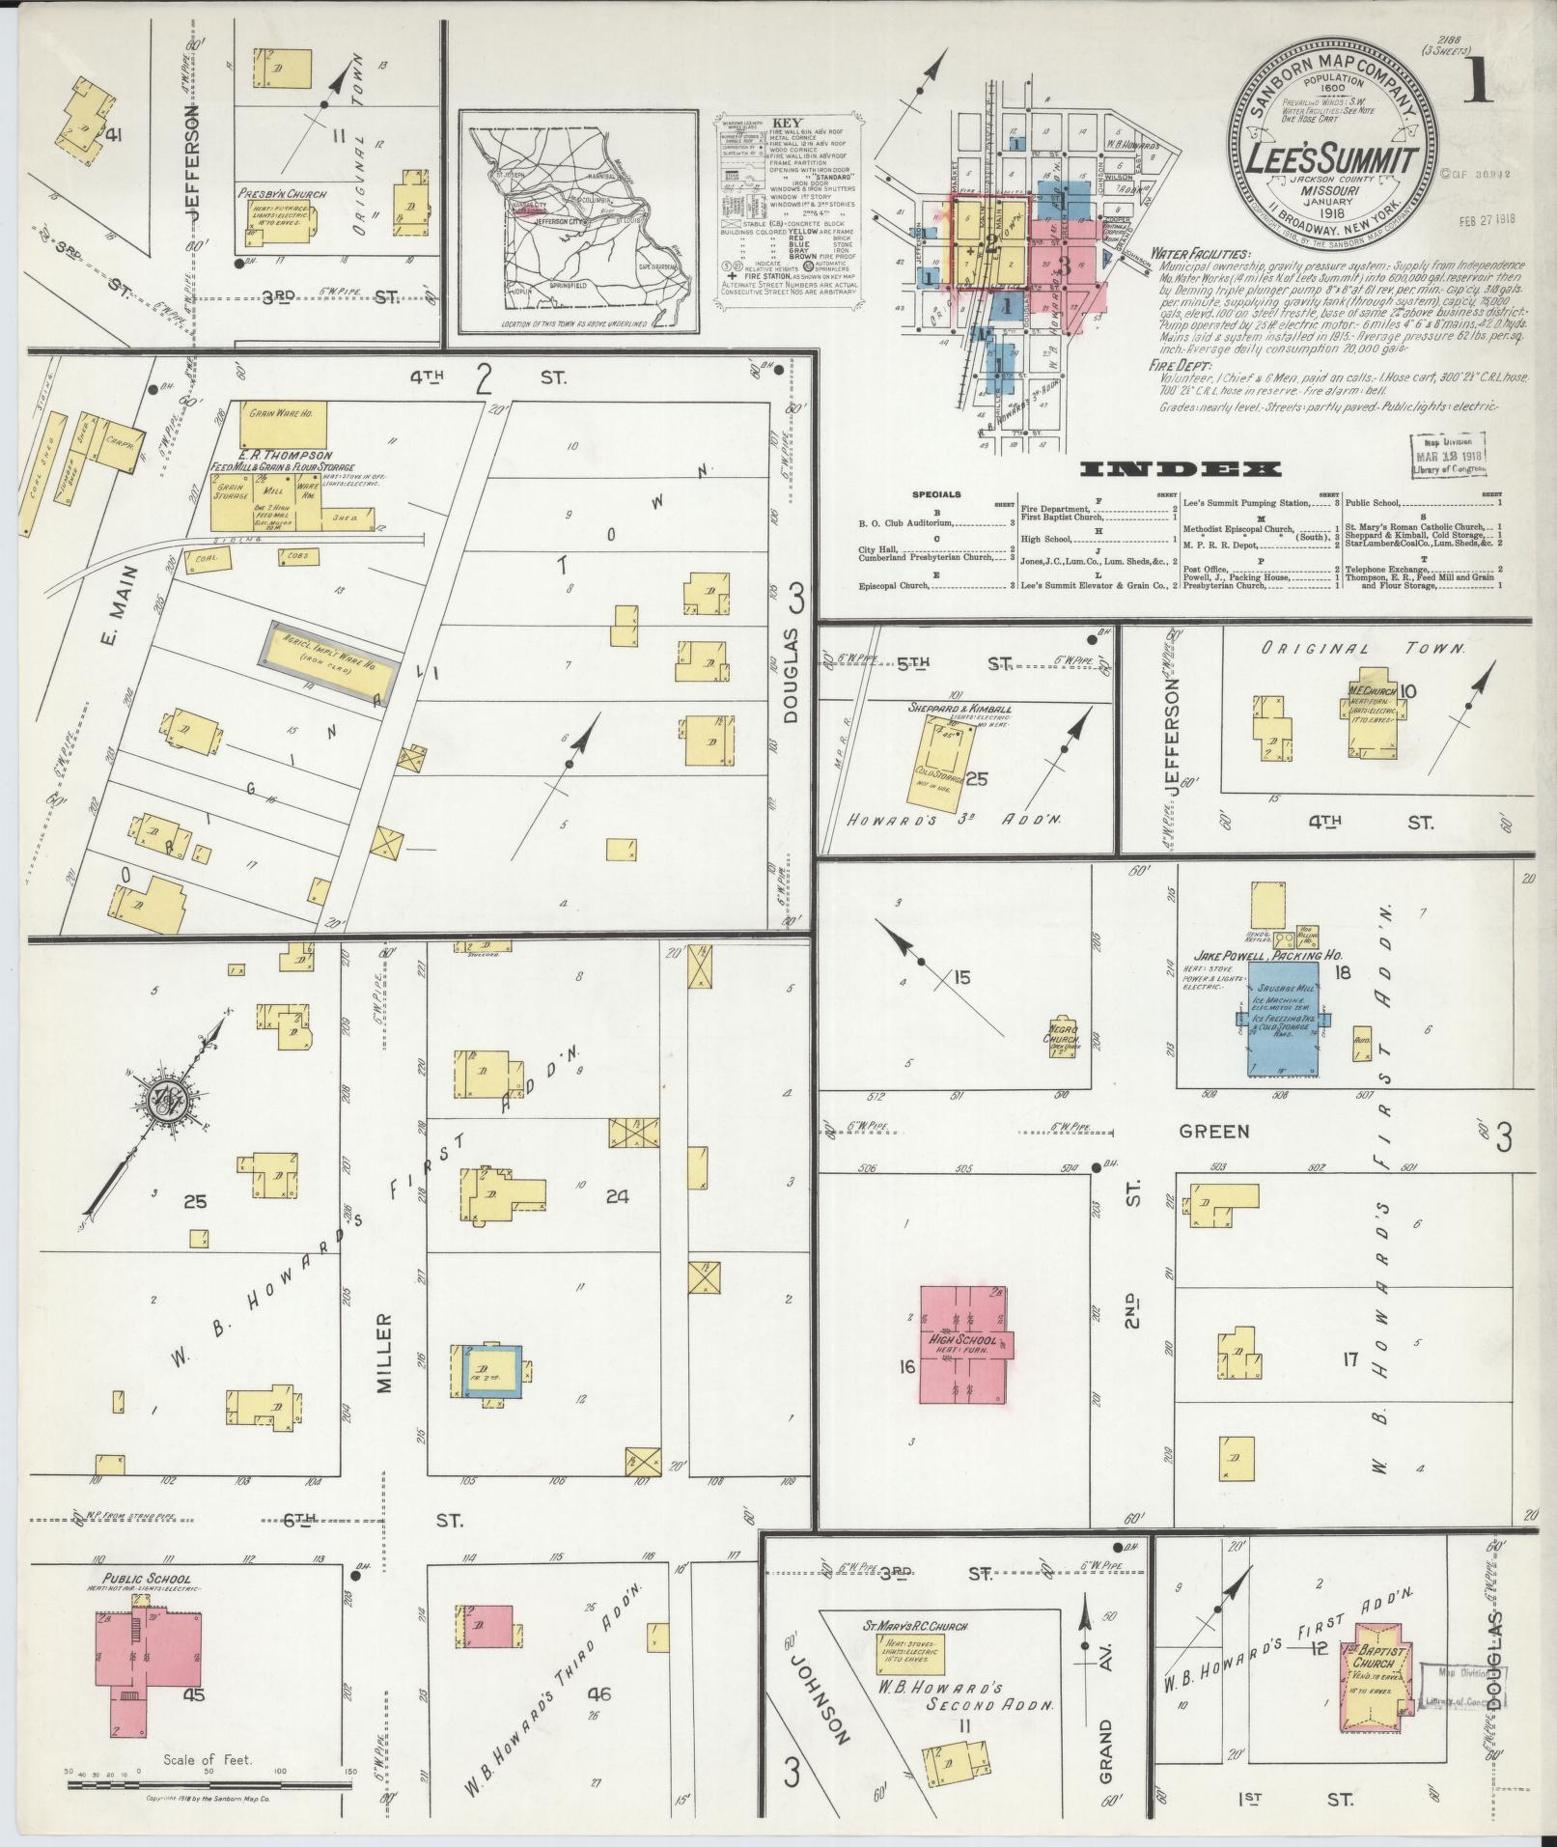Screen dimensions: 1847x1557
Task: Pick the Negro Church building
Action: tap(1063, 1036)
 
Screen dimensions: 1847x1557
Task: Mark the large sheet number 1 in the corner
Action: tap(1478, 81)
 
